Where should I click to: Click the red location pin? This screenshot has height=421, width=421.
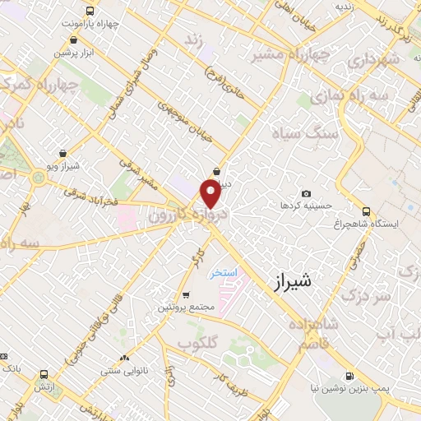click(x=210, y=195)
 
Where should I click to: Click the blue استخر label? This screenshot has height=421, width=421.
click(x=224, y=273)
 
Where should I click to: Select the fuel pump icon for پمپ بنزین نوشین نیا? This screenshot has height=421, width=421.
click(x=352, y=377)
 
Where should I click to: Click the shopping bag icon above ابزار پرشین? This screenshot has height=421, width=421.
click(x=76, y=39)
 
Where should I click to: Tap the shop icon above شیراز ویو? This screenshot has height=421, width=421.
click(x=63, y=153)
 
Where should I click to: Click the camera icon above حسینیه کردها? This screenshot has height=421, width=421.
click(x=306, y=193)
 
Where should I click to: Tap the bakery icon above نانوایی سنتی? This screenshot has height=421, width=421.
click(x=123, y=358)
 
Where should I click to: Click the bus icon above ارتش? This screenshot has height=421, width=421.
click(x=39, y=374)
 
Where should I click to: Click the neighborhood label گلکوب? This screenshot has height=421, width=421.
click(x=197, y=342)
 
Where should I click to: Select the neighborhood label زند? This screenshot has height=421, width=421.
click(x=193, y=39)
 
